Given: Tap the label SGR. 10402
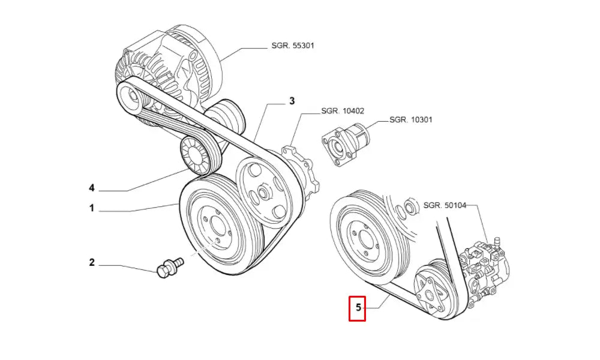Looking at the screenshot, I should click(342, 112).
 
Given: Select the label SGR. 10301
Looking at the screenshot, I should click(411, 120).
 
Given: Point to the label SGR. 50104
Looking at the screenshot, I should click(445, 206).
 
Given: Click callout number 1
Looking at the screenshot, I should click(92, 208).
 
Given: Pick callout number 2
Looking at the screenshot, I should click(92, 262).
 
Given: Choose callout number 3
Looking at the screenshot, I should click(292, 101).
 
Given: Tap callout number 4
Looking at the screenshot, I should click(92, 188).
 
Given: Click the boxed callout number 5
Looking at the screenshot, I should click(358, 308).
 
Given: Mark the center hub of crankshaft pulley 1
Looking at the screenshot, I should click(215, 229).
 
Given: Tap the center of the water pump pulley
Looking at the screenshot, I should click(263, 193).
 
